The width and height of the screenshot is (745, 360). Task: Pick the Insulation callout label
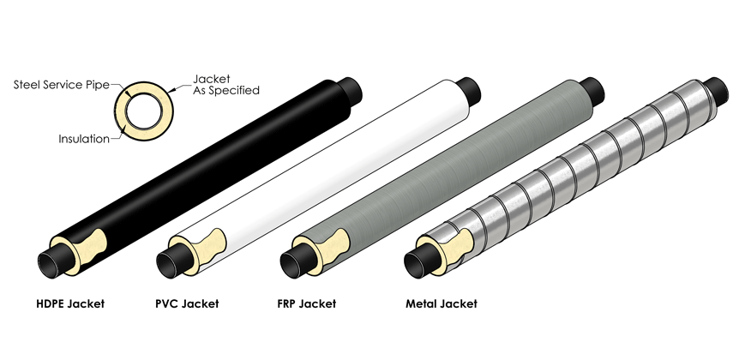pos(83,137)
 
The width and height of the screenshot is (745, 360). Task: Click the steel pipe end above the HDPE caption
pos(53,261)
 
